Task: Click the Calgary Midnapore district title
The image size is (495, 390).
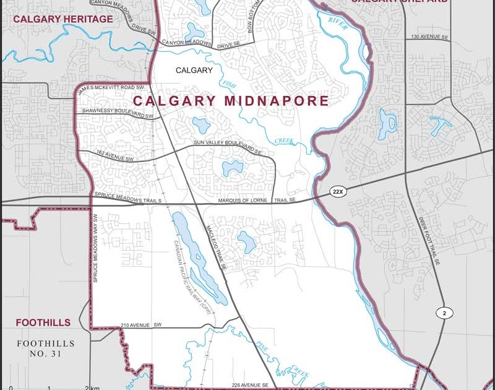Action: pyautogui.click(x=231, y=101)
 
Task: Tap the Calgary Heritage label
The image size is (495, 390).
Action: pyautogui.click(x=63, y=19)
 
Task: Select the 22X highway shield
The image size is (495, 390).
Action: pyautogui.click(x=337, y=192)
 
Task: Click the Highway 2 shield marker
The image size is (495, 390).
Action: pyautogui.click(x=444, y=314)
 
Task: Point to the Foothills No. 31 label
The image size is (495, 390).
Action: pyautogui.click(x=46, y=349)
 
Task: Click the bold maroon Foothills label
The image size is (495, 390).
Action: pyautogui.click(x=43, y=323)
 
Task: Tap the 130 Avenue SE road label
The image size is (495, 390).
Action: pyautogui.click(x=429, y=37)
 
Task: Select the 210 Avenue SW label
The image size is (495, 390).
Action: pyautogui.click(x=140, y=324)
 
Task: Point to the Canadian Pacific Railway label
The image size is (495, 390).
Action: pyautogui.click(x=194, y=278)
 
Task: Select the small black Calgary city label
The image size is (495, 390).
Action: pyautogui.click(x=194, y=71)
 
